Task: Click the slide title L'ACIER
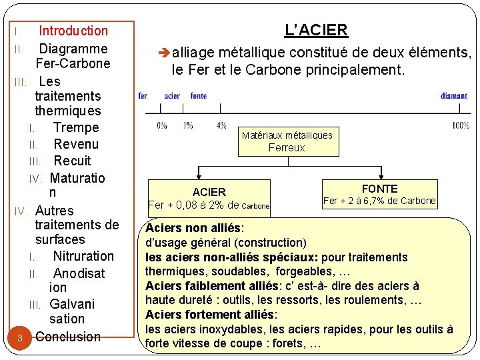coord(316,30)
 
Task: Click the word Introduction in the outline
coord(73,31)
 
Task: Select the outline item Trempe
coord(76,127)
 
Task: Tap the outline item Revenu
coord(76,144)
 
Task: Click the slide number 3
coord(20,338)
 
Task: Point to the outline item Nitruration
coord(83,256)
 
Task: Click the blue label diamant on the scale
coord(453,96)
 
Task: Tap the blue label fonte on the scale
coord(198,96)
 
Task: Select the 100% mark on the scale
coord(461,125)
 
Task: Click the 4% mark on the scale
coord(221,125)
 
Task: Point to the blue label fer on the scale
coord(143,96)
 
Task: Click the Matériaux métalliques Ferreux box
coord(287,141)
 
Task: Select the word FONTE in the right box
coord(379,189)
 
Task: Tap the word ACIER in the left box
coord(209,192)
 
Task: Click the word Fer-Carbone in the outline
coord(73,64)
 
